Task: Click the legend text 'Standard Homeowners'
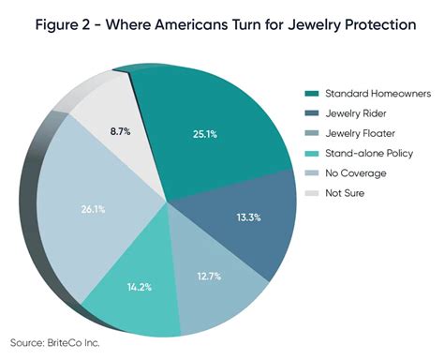click(370, 94)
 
